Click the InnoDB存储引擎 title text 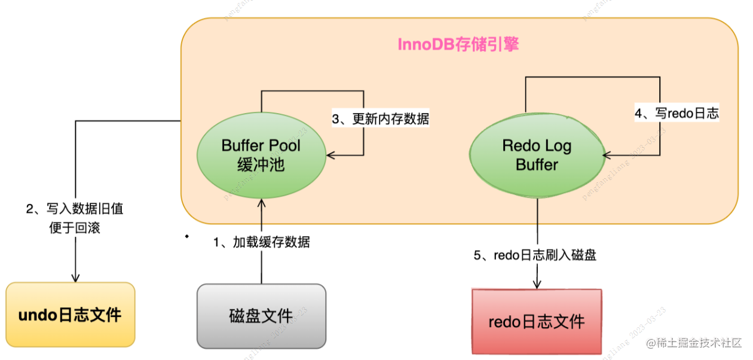click(x=458, y=45)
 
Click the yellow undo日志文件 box click(x=71, y=315)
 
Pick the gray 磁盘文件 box click(x=261, y=316)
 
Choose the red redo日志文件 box click(x=536, y=321)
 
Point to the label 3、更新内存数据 click(x=381, y=118)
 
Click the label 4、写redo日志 click(x=677, y=113)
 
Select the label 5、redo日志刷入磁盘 click(x=535, y=255)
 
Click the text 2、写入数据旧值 click(x=75, y=209)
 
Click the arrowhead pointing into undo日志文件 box click(x=75, y=277)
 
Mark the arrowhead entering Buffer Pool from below click(x=261, y=202)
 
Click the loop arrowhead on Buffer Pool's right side click(x=329, y=155)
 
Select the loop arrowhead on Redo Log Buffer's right click(x=606, y=155)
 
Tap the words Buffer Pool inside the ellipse click(x=261, y=146)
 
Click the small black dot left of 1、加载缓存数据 click(x=186, y=237)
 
